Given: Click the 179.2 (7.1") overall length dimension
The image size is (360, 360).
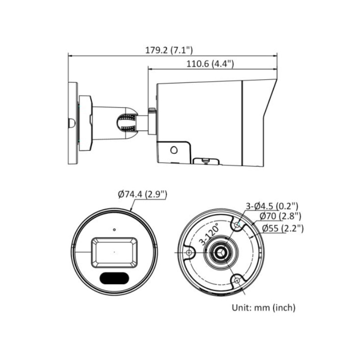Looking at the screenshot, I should pyautogui.click(x=172, y=50).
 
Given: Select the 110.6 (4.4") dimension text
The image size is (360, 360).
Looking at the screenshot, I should pyautogui.click(x=210, y=64).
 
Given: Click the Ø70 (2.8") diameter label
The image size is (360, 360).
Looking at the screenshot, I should pyautogui.click(x=279, y=217).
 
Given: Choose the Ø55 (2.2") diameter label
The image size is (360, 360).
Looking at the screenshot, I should pyautogui.click(x=282, y=229).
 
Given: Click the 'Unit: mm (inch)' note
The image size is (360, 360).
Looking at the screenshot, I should pyautogui.click(x=263, y=308).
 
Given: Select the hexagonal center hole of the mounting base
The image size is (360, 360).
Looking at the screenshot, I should pyautogui.click(x=220, y=253).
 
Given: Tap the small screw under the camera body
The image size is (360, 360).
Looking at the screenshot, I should pyautogui.click(x=205, y=159).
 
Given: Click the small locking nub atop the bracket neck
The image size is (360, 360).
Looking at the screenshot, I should pyautogui.click(x=152, y=109).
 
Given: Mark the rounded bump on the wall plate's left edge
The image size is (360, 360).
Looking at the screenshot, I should pyautogui.click(x=70, y=123).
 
